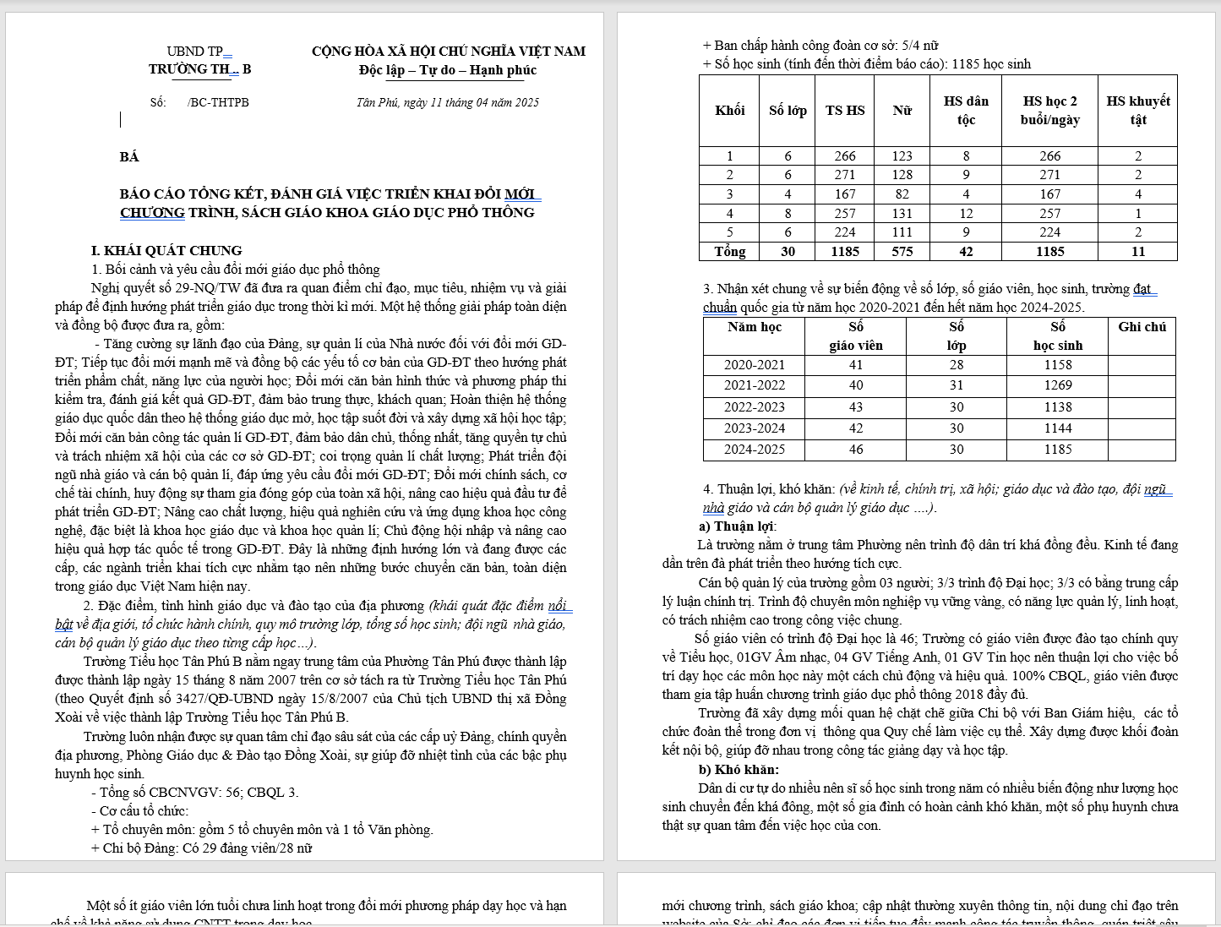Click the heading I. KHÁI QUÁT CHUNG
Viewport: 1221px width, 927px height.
(166, 250)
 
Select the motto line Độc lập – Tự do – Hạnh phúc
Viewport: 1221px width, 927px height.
(447, 70)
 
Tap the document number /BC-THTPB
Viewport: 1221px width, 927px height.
(218, 102)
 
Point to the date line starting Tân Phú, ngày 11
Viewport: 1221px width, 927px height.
(447, 102)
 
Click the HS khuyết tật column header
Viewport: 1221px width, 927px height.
(1137, 110)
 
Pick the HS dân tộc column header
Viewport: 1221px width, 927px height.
(965, 110)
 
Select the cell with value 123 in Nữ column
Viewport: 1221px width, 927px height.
(902, 155)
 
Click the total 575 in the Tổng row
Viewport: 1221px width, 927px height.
(902, 251)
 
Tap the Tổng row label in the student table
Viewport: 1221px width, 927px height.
(729, 251)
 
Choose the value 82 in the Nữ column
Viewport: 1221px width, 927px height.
(902, 194)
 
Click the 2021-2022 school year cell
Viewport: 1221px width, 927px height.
(754, 385)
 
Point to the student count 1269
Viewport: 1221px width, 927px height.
(1057, 385)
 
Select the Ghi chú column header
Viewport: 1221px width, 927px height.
(1142, 327)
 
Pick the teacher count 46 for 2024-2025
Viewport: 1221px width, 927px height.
(855, 450)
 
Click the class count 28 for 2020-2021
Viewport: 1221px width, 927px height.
(956, 365)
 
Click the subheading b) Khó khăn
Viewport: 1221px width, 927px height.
(739, 769)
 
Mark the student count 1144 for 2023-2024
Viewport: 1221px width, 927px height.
(1057, 428)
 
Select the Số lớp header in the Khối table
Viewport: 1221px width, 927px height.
(788, 110)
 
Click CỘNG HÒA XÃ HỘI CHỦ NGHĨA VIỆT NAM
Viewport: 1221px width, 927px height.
(448, 51)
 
